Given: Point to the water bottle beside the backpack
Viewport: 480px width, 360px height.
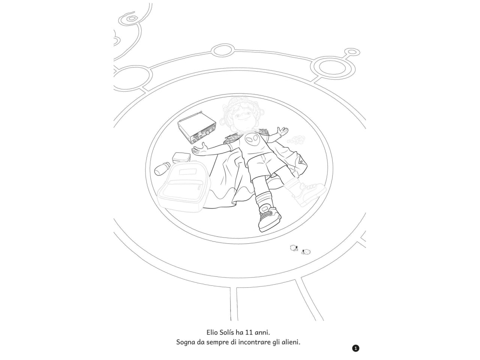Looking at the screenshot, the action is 162,168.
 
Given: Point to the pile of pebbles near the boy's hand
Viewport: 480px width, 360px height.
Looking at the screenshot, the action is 295,139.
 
